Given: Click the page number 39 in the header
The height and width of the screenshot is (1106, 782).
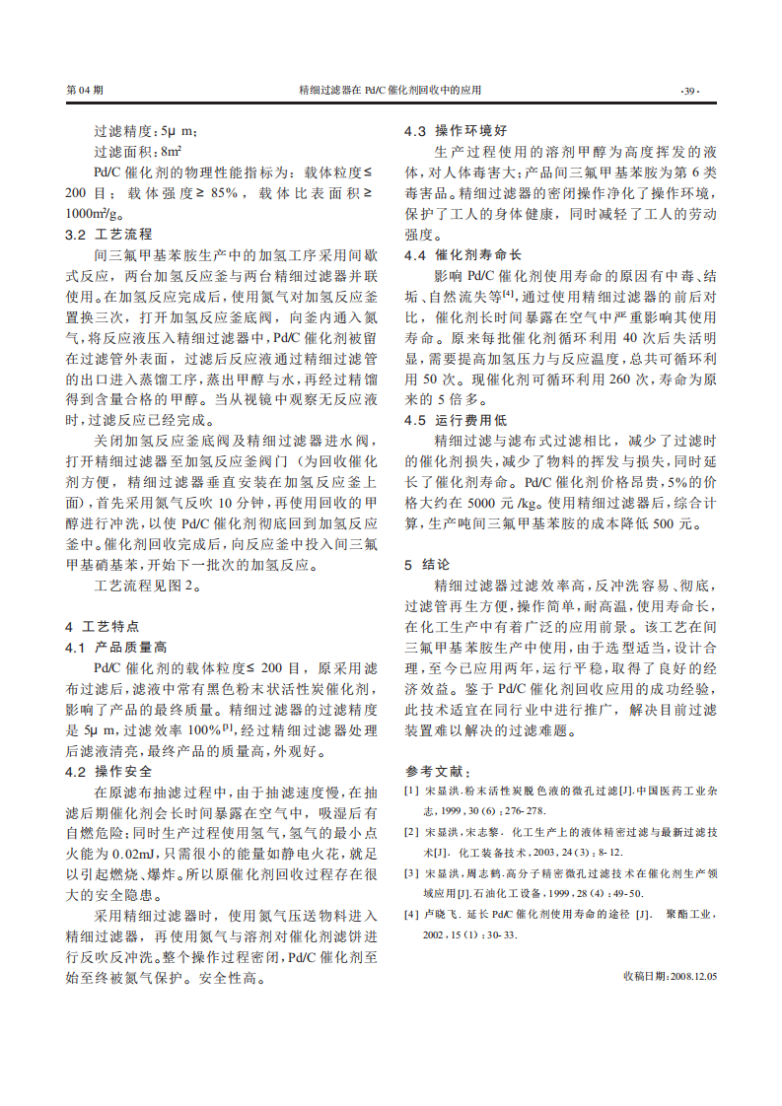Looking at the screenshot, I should tap(690, 90).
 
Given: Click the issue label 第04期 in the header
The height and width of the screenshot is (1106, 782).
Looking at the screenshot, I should tap(84, 90).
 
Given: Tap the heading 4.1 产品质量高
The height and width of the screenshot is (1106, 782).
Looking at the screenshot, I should tap(116, 648).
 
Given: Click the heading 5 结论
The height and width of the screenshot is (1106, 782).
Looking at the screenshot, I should tap(427, 565).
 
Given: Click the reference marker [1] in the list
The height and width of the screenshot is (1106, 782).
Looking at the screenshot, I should tap(410, 791).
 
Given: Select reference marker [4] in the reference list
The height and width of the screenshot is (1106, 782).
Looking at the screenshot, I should tap(410, 915).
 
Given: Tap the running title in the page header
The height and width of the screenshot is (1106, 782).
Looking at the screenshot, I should tap(391, 90).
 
